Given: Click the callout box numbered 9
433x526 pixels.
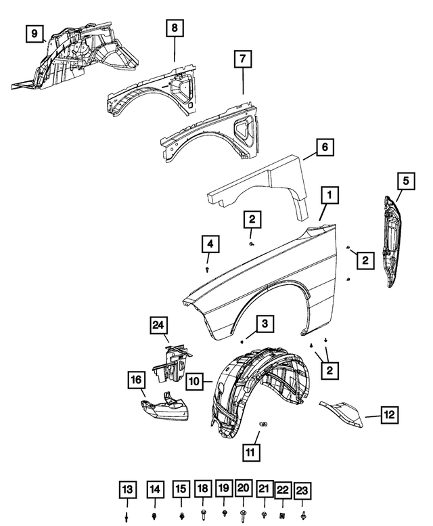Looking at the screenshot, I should [35, 32].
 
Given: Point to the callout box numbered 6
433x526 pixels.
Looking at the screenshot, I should [325, 147].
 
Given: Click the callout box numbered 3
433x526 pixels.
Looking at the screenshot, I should [265, 325].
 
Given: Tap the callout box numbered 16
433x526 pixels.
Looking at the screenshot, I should [137, 382].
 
